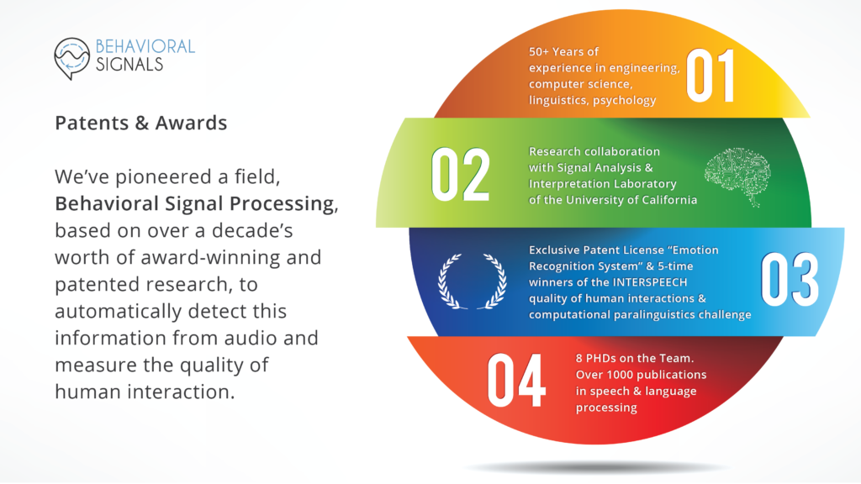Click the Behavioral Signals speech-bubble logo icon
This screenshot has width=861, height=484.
[x=71, y=58]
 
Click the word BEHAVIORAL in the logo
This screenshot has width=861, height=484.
[x=145, y=47]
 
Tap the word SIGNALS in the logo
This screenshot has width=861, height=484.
[x=129, y=65]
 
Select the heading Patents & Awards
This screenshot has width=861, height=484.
[x=141, y=123]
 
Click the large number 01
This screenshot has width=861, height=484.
[x=710, y=76]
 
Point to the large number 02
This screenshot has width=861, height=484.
[x=460, y=175]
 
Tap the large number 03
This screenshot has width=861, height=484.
[x=790, y=280]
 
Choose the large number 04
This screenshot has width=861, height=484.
[x=516, y=381]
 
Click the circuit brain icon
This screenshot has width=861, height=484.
[x=737, y=176]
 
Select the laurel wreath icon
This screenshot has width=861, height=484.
[x=473, y=281]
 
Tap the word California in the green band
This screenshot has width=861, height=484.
[x=670, y=200]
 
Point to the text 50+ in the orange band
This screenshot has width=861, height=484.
[x=539, y=51]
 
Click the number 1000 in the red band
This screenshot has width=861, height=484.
[x=621, y=375]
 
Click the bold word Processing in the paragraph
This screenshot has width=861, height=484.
[x=282, y=204]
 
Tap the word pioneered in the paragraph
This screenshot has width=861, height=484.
[x=166, y=176]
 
